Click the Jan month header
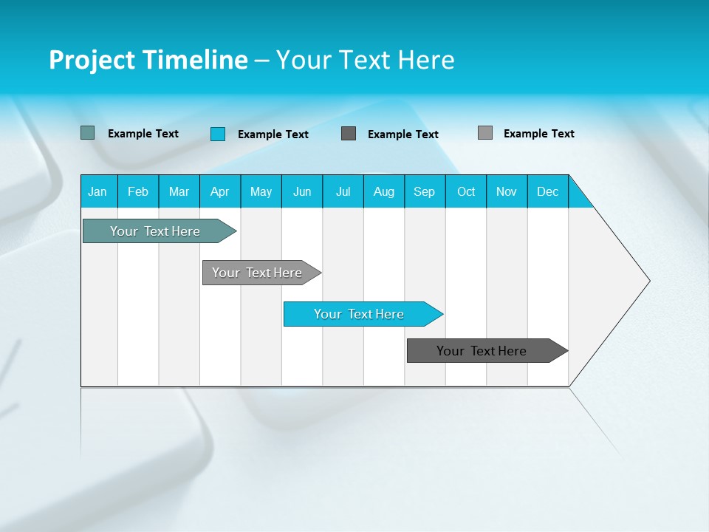[98, 191]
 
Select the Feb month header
[138, 191]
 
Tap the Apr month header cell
[220, 191]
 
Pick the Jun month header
[302, 191]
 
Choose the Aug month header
[384, 191]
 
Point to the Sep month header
[425, 191]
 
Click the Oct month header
[466, 191]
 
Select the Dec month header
[548, 191]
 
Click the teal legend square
[87, 133]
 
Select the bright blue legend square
[218, 134]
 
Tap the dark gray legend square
[349, 133]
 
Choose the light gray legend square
[485, 133]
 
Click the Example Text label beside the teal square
[143, 134]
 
